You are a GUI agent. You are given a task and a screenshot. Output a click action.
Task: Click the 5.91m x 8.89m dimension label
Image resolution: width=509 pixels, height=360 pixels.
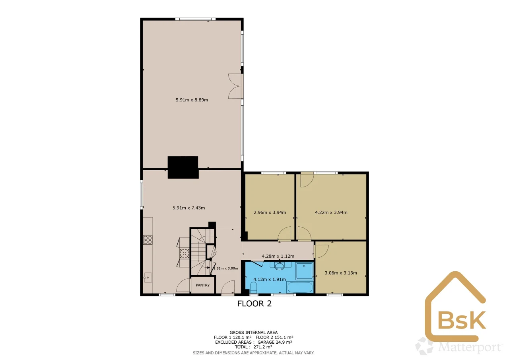pyautogui.click(x=192, y=100)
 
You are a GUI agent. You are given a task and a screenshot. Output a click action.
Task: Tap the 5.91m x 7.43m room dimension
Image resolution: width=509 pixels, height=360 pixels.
pyautogui.click(x=188, y=208)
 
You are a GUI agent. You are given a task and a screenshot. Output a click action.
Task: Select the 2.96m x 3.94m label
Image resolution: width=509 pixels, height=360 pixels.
pyautogui.click(x=270, y=212)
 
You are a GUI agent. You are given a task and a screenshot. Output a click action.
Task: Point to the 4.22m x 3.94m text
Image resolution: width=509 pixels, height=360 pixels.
pyautogui.click(x=331, y=212)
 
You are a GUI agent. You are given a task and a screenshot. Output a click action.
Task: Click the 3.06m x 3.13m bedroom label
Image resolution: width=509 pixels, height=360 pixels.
pyautogui.click(x=341, y=273)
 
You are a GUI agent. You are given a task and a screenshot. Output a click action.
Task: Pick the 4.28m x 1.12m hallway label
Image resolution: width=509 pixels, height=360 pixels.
pyautogui.click(x=278, y=256)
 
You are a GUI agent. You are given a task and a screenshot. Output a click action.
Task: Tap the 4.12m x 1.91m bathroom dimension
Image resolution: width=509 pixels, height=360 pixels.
pyautogui.click(x=270, y=279)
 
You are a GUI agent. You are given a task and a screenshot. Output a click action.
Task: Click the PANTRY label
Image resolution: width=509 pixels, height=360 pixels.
pyautogui.click(x=203, y=285)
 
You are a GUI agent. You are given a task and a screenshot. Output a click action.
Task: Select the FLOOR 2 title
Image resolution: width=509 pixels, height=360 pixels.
pyautogui.click(x=254, y=304)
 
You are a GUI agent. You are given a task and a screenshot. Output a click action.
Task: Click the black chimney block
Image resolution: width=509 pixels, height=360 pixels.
pyautogui.click(x=183, y=167)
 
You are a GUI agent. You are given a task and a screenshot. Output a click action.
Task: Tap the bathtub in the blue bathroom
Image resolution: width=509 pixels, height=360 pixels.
pyautogui.click(x=300, y=287)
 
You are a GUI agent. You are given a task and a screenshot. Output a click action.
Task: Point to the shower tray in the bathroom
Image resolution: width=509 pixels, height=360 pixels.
pyautogui.click(x=304, y=271)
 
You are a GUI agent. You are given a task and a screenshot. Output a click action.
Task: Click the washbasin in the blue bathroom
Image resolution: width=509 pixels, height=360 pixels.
pyautogui.click(x=280, y=266)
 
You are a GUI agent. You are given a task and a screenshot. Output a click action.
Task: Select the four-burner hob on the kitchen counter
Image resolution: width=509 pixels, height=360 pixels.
pyautogui.click(x=148, y=240)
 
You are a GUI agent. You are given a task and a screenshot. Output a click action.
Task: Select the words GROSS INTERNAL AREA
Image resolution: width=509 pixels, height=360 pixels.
pyautogui.click(x=254, y=333)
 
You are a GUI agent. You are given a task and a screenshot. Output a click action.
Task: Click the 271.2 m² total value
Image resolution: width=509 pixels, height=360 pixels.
pyautogui.click(x=263, y=347)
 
